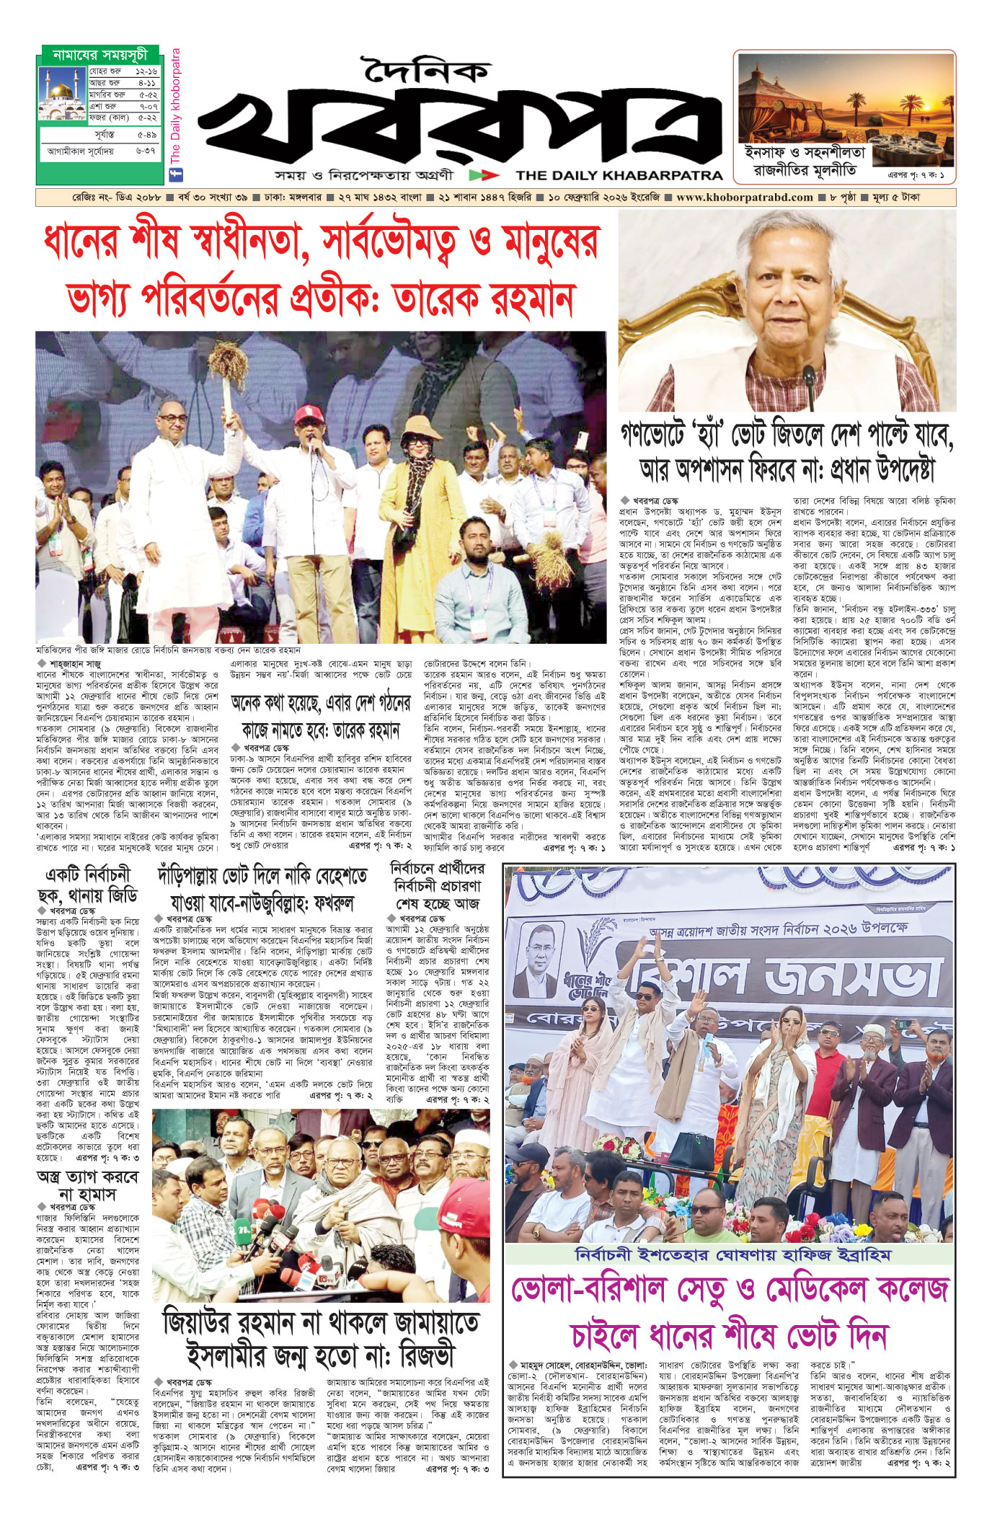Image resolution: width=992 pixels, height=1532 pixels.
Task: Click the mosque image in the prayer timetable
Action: pyautogui.click(x=63, y=94)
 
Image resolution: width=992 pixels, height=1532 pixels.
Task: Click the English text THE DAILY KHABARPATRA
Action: pyautogui.click(x=619, y=175)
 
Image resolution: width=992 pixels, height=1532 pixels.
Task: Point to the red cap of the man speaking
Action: pyautogui.click(x=308, y=415)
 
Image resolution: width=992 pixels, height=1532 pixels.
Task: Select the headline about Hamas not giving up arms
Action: pyautogui.click(x=87, y=1185)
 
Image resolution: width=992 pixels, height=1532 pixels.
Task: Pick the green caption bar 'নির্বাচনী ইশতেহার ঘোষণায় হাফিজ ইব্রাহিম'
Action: pyautogui.click(x=732, y=1255)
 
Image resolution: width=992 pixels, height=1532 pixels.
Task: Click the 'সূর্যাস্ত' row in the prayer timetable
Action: pyautogui.click(x=100, y=135)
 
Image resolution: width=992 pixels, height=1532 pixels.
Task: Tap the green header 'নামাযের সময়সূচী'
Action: pyautogui.click(x=100, y=55)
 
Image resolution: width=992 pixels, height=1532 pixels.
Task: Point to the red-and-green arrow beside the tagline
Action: pyautogui.click(x=483, y=175)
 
